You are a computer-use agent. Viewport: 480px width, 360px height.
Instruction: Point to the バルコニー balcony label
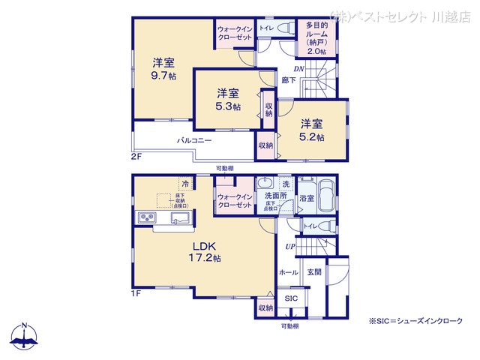(x=194, y=140)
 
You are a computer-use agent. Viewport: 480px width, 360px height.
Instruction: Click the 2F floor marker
(x=136, y=156)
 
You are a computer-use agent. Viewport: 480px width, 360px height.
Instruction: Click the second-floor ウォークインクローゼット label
(x=235, y=33)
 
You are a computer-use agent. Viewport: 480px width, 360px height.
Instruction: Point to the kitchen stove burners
(x=145, y=218)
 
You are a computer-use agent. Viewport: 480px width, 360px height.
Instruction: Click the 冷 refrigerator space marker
(x=184, y=182)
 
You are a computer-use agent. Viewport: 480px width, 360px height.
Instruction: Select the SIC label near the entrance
(x=290, y=298)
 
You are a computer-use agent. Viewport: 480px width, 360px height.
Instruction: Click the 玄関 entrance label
(x=314, y=273)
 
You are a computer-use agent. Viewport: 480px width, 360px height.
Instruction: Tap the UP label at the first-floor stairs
(x=289, y=247)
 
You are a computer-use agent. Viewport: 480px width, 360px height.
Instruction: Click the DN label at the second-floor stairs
(x=298, y=69)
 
